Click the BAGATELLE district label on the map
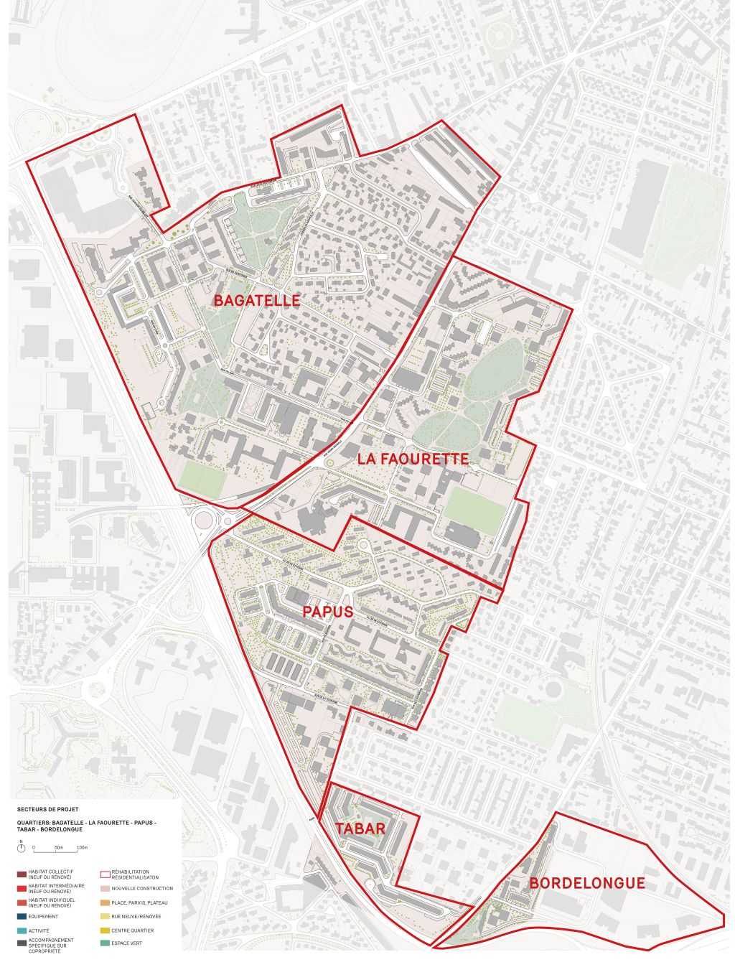256,301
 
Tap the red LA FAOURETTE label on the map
413,459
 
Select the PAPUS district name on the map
327,612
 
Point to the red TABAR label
360,829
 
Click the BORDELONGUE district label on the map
587,883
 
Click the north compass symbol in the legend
22,848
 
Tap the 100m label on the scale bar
82,848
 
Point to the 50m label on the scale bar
59,848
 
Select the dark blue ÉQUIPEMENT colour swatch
22,917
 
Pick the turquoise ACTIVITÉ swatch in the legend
22,930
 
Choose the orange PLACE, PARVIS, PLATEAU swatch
105,902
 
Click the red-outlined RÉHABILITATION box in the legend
105,874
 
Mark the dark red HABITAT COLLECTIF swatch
22,874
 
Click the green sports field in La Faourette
474,510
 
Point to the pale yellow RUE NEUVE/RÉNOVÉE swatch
105,917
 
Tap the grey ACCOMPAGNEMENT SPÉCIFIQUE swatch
22,943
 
